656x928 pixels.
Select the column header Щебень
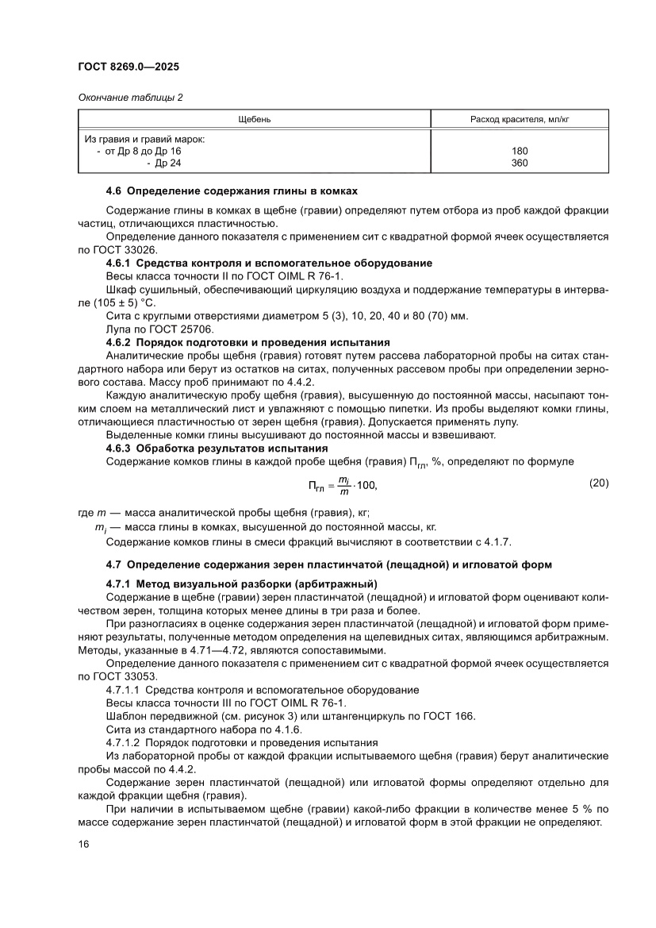click(x=255, y=119)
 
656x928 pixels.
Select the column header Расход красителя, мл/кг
click(x=520, y=119)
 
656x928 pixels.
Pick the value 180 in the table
click(x=520, y=151)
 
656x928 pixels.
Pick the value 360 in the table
click(x=520, y=163)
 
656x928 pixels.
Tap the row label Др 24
click(x=168, y=163)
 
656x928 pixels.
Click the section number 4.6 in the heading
click(x=114, y=191)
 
